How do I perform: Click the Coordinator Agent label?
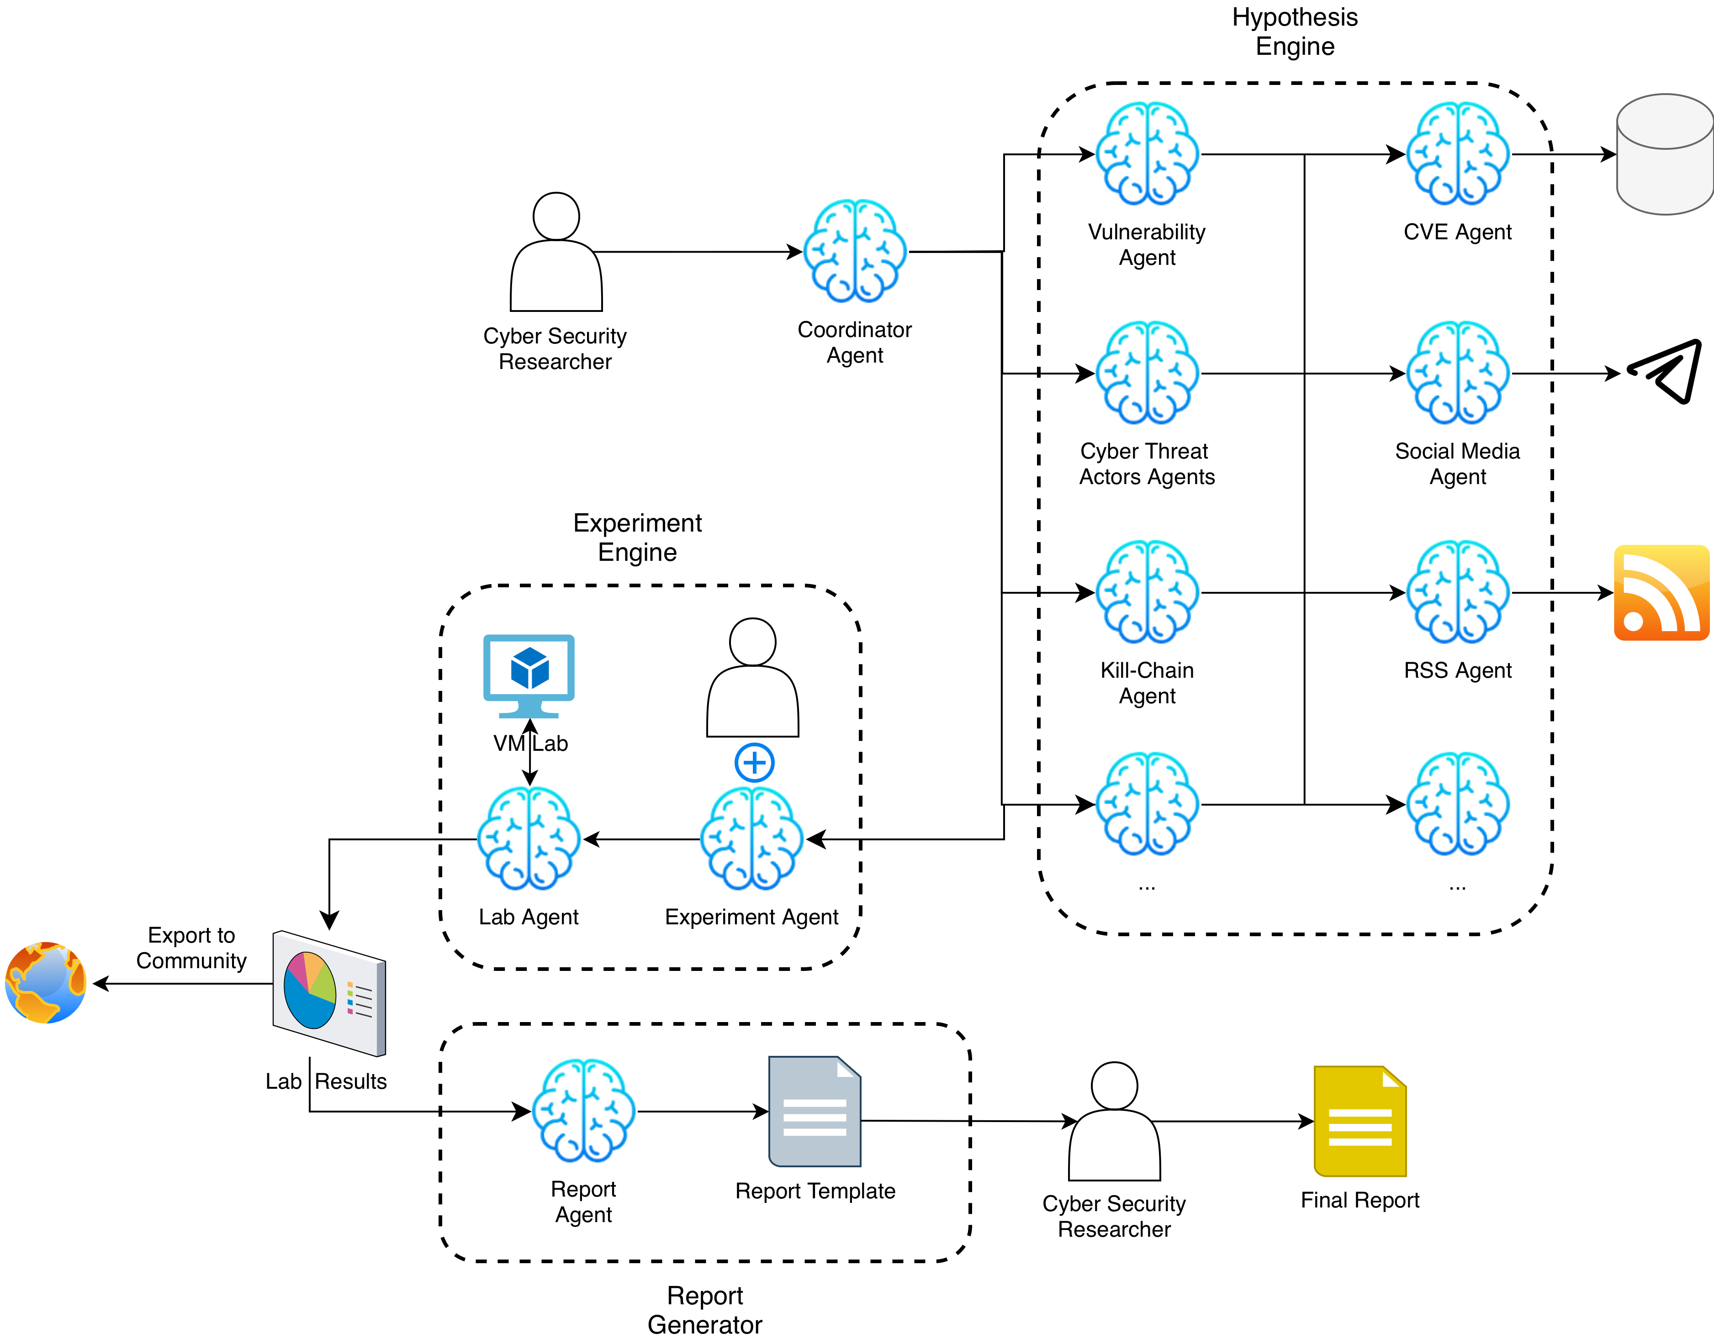tap(856, 343)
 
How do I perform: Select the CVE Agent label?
tap(1458, 233)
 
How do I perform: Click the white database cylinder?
tap(1665, 154)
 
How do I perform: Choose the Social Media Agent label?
tap(1458, 464)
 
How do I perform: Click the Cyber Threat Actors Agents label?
tap(1148, 464)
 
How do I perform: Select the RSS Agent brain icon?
tap(1458, 592)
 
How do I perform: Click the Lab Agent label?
tap(530, 918)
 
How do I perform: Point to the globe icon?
tap(46, 982)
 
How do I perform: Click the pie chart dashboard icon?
tap(329, 993)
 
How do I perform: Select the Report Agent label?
tap(584, 1202)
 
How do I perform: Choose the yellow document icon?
tap(1360, 1122)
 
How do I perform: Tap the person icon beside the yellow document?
tap(1114, 1122)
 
